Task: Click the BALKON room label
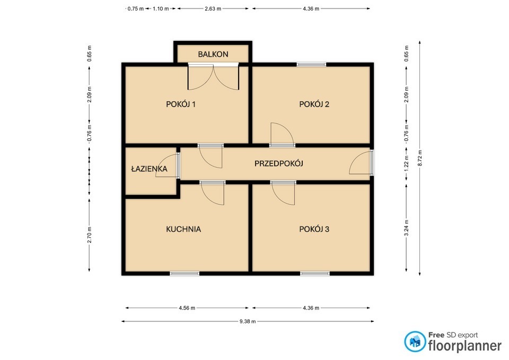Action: (213, 54)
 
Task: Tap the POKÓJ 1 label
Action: (180, 104)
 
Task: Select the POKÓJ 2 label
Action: (314, 104)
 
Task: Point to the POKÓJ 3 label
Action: (314, 229)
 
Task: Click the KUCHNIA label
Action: (183, 229)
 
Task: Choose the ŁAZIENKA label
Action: (149, 169)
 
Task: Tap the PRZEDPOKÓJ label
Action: (278, 163)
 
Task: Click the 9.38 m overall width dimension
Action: (248, 321)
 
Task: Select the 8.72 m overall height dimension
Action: (420, 158)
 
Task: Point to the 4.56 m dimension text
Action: (187, 308)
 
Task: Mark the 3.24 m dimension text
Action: (406, 228)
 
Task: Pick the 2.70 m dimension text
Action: (89, 235)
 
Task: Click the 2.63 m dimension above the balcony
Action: (213, 9)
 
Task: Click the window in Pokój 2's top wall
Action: (311, 65)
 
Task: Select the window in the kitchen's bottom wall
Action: (185, 274)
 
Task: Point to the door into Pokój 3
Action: (283, 193)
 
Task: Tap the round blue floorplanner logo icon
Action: (415, 341)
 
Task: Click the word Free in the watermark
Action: (436, 335)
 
